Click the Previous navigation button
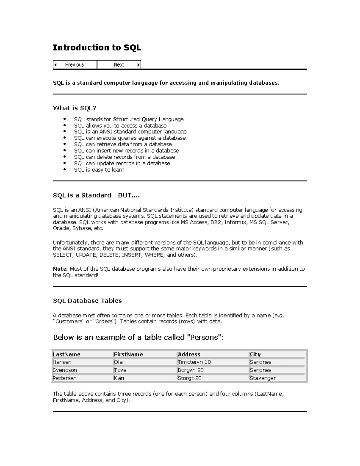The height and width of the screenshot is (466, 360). click(75, 65)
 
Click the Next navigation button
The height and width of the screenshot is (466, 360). click(119, 65)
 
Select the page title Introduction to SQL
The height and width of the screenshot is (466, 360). click(97, 48)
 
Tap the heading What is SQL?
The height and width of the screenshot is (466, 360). click(75, 108)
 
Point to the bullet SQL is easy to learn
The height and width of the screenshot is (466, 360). click(99, 170)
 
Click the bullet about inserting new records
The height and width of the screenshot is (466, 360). click(126, 151)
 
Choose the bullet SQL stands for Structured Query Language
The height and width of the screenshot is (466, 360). click(129, 119)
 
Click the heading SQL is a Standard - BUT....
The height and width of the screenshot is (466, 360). click(96, 195)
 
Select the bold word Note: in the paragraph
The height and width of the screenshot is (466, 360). click(60, 269)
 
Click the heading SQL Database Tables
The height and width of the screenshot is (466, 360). click(87, 301)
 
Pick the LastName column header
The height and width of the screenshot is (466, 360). click(67, 354)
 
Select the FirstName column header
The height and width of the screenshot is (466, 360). click(128, 354)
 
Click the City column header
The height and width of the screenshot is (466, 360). click(255, 354)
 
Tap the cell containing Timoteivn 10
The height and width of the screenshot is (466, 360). click(194, 362)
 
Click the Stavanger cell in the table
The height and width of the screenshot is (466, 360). click(262, 378)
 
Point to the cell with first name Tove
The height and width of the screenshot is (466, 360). click(120, 370)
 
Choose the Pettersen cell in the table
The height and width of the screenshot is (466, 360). click(64, 378)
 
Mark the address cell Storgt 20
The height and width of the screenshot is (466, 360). click(189, 378)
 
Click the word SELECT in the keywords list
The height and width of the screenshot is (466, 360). click(62, 255)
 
